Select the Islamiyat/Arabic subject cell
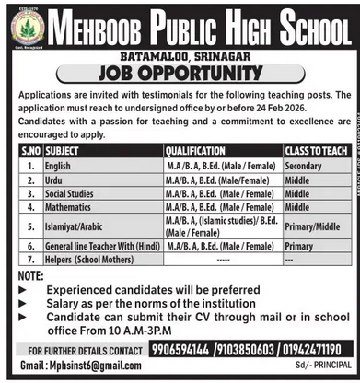tap(76, 227)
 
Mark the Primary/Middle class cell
tap(313, 227)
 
